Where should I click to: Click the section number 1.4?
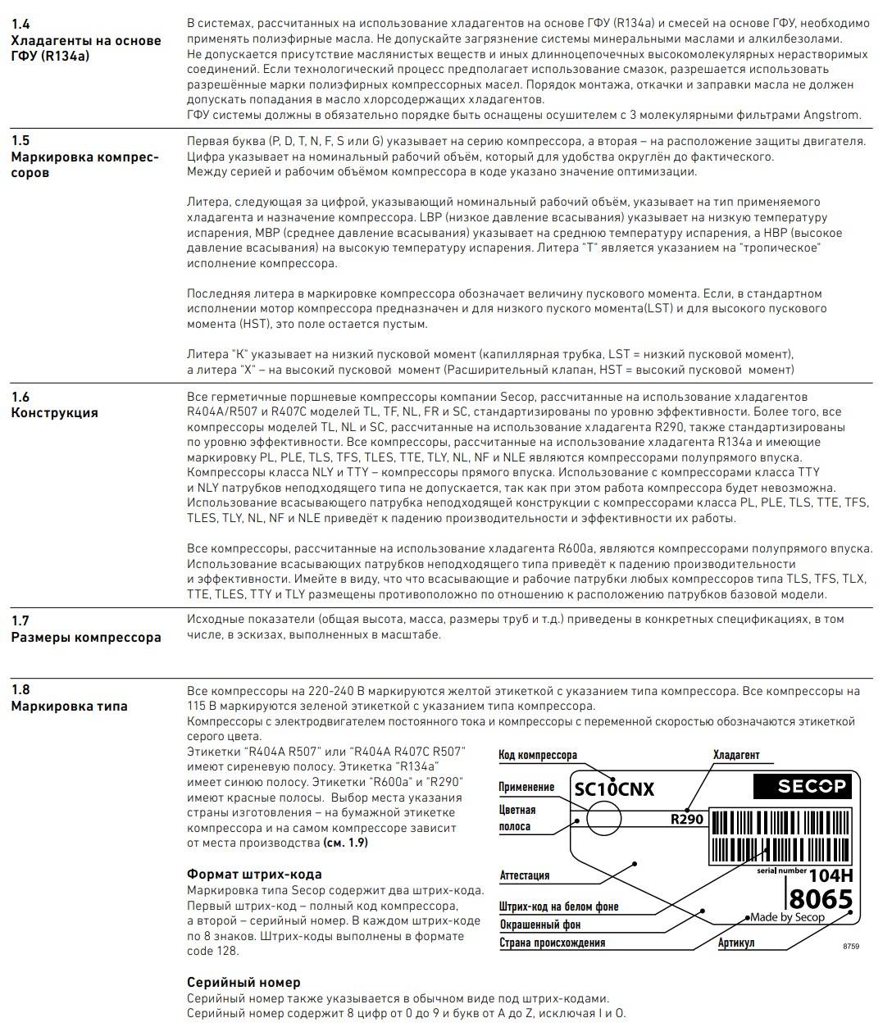click(20, 25)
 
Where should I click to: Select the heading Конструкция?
click(54, 412)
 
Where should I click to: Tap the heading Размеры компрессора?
click(86, 637)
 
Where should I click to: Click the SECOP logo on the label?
click(803, 787)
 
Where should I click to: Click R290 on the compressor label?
click(686, 818)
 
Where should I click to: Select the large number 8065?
click(820, 899)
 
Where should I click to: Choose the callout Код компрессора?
click(538, 755)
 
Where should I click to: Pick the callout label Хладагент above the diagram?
click(736, 755)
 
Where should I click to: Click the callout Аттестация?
click(525, 875)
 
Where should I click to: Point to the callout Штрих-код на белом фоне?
click(558, 907)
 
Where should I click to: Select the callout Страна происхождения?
click(552, 943)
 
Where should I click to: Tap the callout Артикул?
click(736, 943)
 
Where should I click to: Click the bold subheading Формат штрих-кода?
click(254, 874)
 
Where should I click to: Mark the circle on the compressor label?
click(603, 818)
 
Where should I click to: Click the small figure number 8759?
click(851, 946)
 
